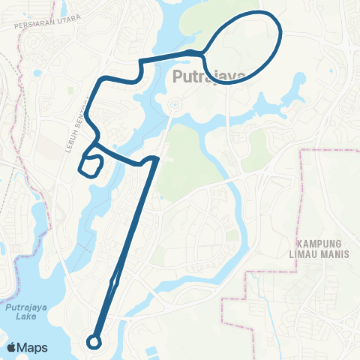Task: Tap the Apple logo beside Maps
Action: (13, 347)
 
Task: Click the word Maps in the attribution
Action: (33, 347)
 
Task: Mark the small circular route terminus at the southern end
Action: (94, 341)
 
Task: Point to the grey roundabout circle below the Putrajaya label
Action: (172, 104)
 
